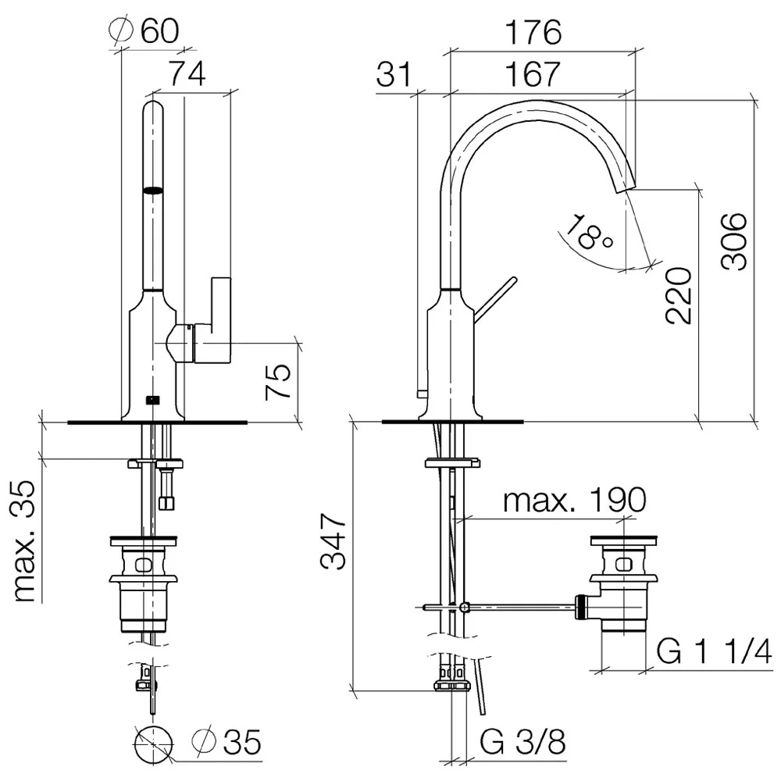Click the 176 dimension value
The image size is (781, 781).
tap(533, 32)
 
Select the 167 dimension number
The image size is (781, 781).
tap(532, 73)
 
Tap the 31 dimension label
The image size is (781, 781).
tap(394, 73)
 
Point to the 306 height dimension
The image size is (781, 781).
tap(734, 241)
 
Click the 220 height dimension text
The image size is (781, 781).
tap(679, 296)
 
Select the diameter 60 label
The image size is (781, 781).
tap(144, 31)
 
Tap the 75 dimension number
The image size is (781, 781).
tap(278, 382)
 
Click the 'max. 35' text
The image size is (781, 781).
tap(24, 541)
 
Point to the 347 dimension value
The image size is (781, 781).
tap(333, 541)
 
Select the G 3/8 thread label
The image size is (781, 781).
tap(523, 742)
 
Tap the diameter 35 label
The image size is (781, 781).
tap(226, 742)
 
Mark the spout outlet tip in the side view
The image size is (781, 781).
tap(628, 187)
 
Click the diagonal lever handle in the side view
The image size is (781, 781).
tap(495, 300)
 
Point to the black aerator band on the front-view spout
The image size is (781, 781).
tap(153, 190)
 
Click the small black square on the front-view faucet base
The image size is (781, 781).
tap(153, 399)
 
